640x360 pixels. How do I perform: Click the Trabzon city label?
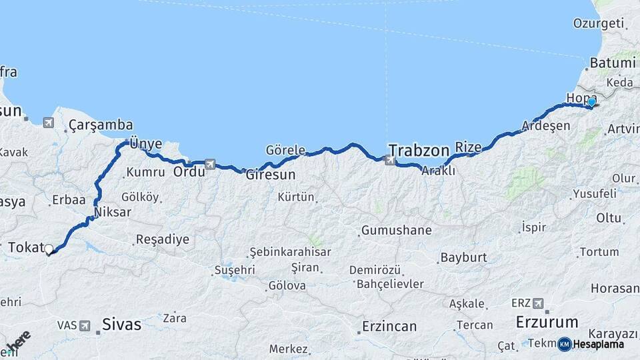(419, 150)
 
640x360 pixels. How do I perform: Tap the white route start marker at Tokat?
(49, 249)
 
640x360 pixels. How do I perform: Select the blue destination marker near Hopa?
(591, 102)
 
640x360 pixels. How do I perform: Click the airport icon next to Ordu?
(211, 164)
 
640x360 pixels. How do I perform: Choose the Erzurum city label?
(547, 322)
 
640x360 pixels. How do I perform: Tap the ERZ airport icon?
(538, 303)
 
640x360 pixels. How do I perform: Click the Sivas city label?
(122, 325)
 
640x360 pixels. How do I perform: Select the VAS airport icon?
(85, 325)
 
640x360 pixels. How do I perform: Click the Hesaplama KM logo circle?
(565, 344)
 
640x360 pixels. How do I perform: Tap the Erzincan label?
(389, 327)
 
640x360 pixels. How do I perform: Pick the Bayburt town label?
(464, 257)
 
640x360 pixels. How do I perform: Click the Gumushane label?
(396, 231)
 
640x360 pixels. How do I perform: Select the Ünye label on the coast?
(146, 143)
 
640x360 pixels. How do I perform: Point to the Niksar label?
(113, 213)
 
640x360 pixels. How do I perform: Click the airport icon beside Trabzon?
(389, 159)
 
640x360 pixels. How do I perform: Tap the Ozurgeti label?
(597, 23)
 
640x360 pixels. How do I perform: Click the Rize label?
(468, 147)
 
